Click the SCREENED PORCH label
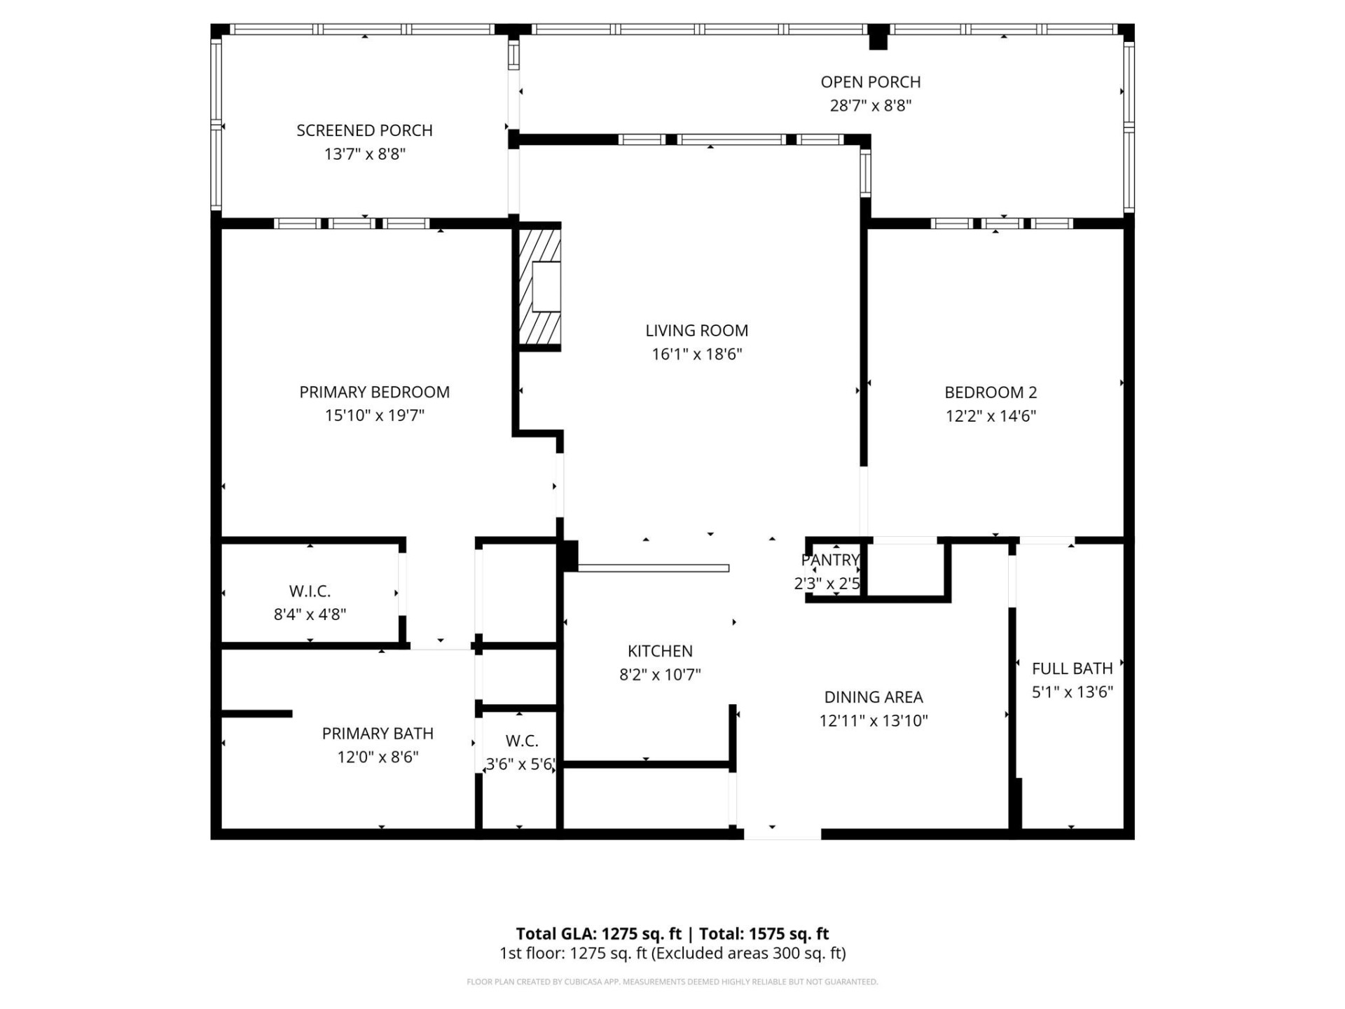364,130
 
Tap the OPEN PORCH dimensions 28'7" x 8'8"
870,106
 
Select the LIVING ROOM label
696,331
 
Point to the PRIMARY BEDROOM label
374,392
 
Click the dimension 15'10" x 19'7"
374,416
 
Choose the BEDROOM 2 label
990,392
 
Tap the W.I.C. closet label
310,591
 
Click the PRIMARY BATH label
378,734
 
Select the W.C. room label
521,741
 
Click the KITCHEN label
660,652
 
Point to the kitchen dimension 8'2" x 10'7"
660,675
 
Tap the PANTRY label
830,560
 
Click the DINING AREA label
873,697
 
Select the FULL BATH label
1072,668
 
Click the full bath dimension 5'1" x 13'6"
1072,692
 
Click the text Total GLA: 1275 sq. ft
598,934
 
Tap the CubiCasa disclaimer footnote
672,982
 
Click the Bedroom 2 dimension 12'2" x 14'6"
990,416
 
